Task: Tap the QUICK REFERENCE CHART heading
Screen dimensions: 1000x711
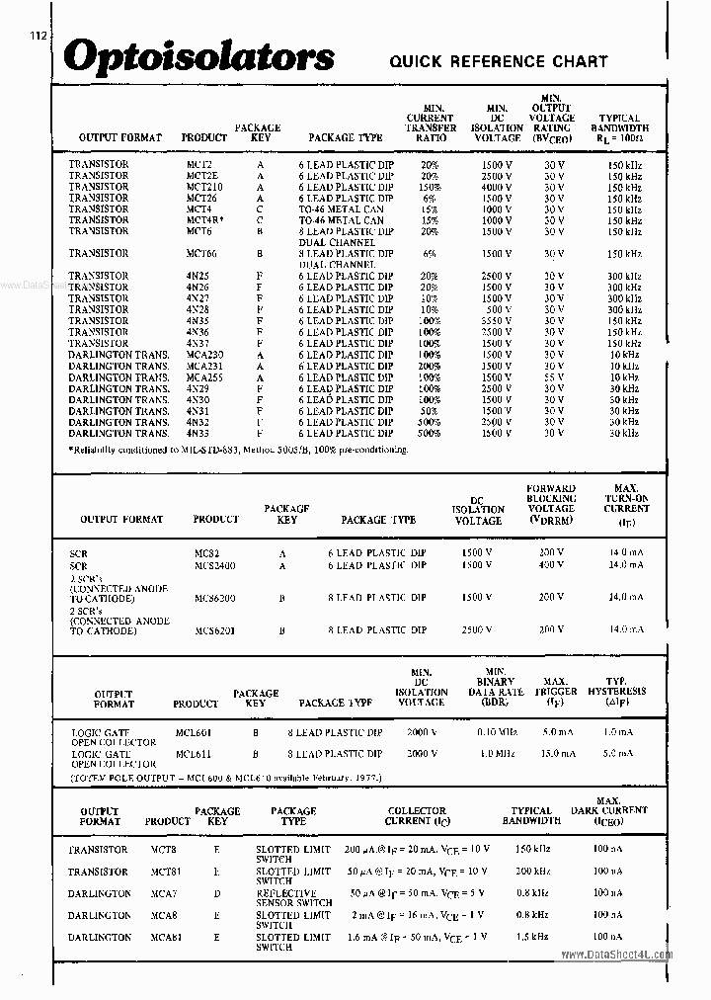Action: click(x=499, y=61)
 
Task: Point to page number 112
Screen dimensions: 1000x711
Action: click(x=38, y=36)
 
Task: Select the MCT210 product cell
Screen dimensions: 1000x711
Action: click(x=204, y=187)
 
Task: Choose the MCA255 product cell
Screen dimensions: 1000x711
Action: click(x=204, y=377)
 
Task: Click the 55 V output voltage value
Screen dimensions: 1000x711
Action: click(x=553, y=377)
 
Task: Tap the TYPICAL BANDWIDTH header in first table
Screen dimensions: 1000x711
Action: click(x=619, y=124)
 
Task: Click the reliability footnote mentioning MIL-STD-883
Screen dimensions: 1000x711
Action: click(x=238, y=450)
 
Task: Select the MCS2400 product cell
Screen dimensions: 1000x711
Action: click(x=215, y=565)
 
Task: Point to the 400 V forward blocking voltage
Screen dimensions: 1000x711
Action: click(x=552, y=565)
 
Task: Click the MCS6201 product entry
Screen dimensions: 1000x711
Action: click(x=215, y=630)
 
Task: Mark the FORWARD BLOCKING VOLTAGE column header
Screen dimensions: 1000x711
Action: click(x=552, y=504)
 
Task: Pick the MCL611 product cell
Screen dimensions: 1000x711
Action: click(x=194, y=753)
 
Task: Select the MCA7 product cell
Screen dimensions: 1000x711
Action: click(x=163, y=893)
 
